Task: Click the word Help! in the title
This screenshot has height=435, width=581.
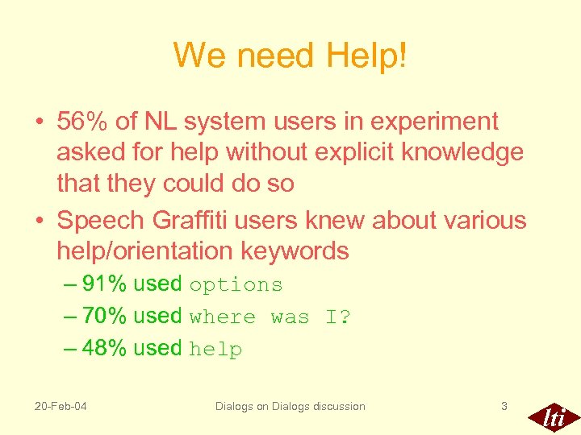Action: [x=366, y=56]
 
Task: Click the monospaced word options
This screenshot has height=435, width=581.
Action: [x=236, y=285]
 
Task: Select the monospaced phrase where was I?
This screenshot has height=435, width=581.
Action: [x=270, y=317]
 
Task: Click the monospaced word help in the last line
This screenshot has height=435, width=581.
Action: [x=215, y=350]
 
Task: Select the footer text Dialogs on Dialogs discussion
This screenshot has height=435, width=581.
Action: [x=290, y=406]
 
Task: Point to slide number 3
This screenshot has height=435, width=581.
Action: [x=504, y=406]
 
